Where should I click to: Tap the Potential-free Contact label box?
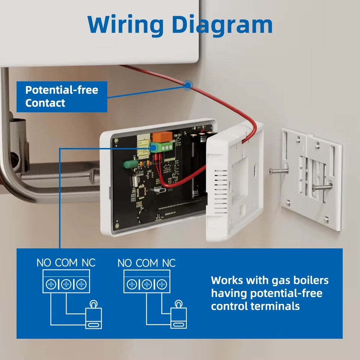[62, 97]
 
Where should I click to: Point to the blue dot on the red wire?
[187, 85]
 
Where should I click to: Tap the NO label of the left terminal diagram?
[43, 263]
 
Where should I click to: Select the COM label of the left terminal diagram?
[66, 263]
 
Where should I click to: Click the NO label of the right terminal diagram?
[124, 263]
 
